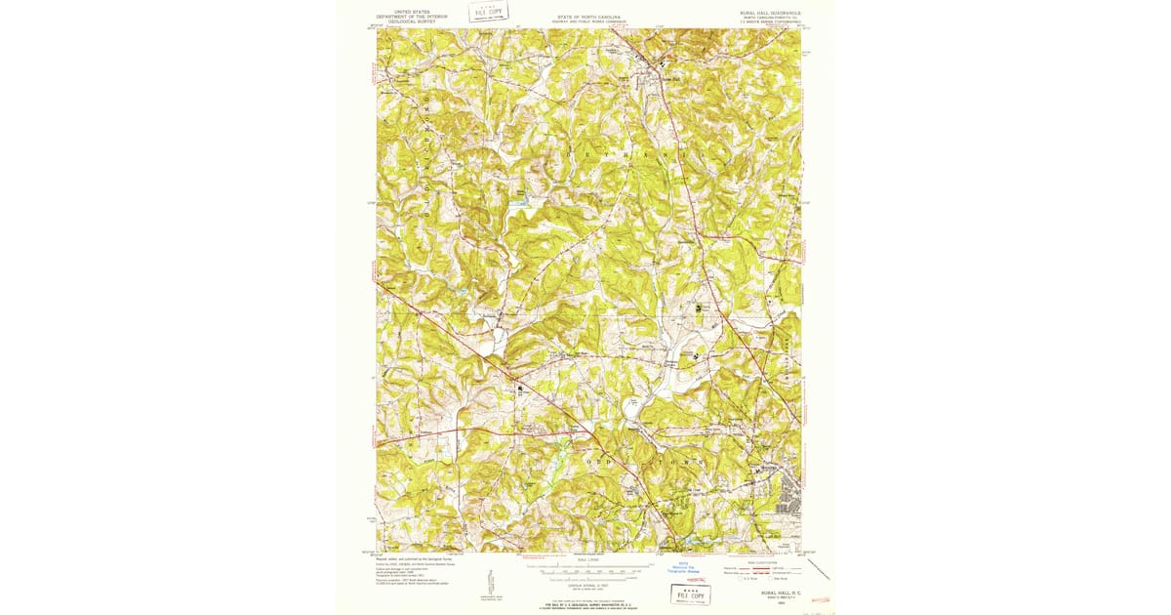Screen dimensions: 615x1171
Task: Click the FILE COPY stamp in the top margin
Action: pos(488,12)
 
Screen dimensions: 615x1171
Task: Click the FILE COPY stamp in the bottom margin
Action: pos(691,594)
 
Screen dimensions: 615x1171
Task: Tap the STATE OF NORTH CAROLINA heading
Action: pos(588,17)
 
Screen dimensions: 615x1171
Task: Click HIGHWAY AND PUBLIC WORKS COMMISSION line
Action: pos(588,21)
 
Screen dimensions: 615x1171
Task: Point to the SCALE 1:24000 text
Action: pos(588,559)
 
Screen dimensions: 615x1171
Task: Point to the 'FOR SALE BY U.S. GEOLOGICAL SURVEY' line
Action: pos(588,605)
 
